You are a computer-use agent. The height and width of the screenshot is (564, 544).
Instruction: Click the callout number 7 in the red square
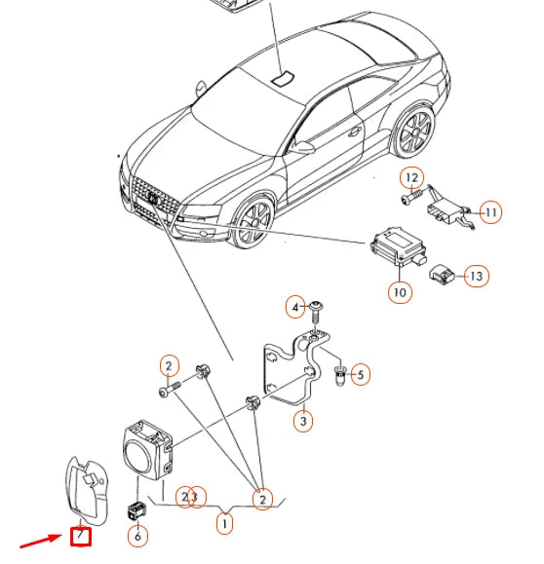coord(80,536)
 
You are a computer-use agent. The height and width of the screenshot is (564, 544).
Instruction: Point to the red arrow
coord(41,541)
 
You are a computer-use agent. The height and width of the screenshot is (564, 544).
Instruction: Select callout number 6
coord(137,536)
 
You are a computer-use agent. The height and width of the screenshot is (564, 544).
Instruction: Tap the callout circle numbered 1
coord(224,523)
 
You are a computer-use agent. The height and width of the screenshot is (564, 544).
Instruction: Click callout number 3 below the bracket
coord(303,421)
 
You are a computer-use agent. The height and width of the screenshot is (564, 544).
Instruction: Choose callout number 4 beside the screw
coord(295,307)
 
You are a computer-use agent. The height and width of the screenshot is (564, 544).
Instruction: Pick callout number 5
coord(360,375)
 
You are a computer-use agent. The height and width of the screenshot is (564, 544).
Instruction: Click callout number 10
coord(400,292)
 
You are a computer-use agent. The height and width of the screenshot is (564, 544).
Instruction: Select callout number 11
coord(490,212)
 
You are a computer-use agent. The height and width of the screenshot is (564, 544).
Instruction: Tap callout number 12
coord(411,178)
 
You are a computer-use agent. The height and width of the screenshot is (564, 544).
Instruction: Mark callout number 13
coord(477,276)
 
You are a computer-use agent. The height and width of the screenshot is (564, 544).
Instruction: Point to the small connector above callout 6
coord(137,510)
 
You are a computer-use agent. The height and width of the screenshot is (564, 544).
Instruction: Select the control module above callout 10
coord(399,245)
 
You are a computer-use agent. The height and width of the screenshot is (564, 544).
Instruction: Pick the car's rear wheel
coord(415,132)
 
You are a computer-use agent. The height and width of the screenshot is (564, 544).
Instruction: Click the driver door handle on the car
coord(355,132)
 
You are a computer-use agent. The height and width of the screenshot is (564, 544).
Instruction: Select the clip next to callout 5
coord(339,375)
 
